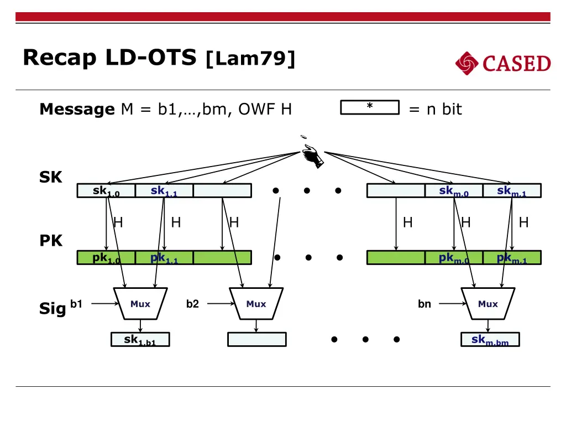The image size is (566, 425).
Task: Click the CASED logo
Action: click(x=503, y=64)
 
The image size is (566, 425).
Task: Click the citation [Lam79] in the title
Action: click(x=250, y=58)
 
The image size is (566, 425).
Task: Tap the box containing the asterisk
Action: click(x=369, y=107)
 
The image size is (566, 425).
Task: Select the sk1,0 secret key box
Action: click(x=106, y=191)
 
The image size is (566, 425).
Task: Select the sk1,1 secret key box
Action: click(x=164, y=191)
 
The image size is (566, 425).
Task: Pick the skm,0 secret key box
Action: click(x=453, y=191)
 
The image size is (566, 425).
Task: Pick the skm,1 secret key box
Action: click(x=511, y=191)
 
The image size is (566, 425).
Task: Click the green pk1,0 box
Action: click(x=106, y=258)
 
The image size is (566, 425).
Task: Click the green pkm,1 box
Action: click(x=511, y=258)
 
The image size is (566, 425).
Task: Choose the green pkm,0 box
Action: click(x=453, y=258)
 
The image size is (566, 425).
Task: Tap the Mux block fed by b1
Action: click(x=140, y=304)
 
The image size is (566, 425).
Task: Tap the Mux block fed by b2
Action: click(x=256, y=304)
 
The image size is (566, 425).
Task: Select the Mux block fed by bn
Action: click(x=488, y=304)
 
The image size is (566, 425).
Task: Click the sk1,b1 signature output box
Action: click(x=140, y=340)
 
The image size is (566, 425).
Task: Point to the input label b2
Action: click(x=192, y=304)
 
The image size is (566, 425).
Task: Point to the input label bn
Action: click(x=424, y=304)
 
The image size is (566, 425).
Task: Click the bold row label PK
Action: click(x=51, y=241)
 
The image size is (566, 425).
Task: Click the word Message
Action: click(x=77, y=110)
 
